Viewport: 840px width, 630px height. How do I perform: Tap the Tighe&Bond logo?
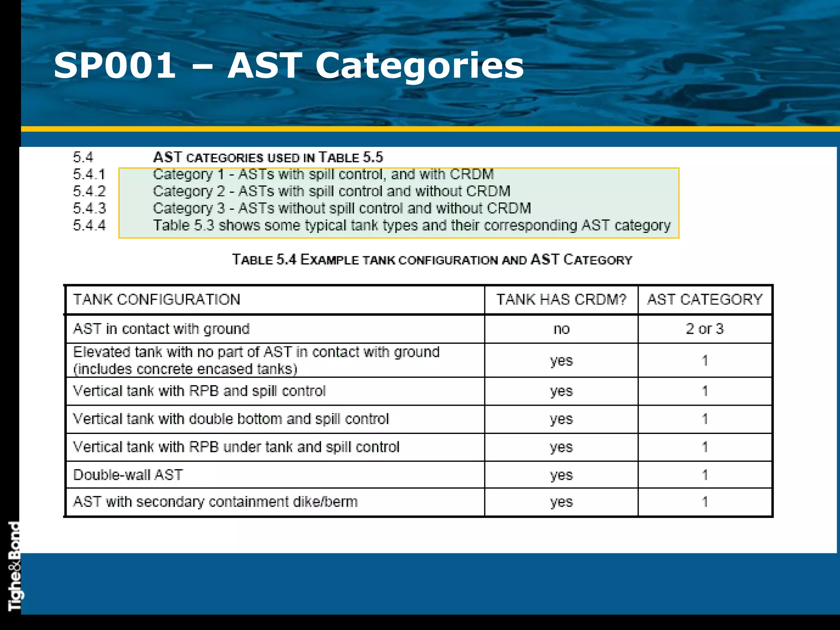pyautogui.click(x=14, y=566)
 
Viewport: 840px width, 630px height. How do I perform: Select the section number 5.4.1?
pyautogui.click(x=89, y=174)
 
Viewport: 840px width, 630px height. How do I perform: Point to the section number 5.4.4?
pyautogui.click(x=89, y=225)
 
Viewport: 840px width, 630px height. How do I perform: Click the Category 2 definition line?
pyautogui.click(x=331, y=191)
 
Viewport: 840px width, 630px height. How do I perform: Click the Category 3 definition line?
pyautogui.click(x=342, y=208)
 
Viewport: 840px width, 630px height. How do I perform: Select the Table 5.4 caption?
pyautogui.click(x=432, y=260)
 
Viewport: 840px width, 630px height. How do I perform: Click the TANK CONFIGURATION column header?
pyautogui.click(x=157, y=299)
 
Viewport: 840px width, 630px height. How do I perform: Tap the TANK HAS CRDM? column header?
pyautogui.click(x=561, y=299)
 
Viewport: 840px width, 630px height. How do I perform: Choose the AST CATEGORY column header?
pyautogui.click(x=705, y=299)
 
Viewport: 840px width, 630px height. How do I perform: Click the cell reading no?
pyautogui.click(x=561, y=329)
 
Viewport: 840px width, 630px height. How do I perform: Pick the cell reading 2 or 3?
pyautogui.click(x=705, y=329)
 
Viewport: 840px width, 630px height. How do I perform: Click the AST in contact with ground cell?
pyautogui.click(x=161, y=329)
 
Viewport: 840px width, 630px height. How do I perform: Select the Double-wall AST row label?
pyautogui.click(x=128, y=475)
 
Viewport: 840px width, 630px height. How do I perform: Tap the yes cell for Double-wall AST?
pyautogui.click(x=561, y=475)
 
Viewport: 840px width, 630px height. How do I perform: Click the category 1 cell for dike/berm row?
pyautogui.click(x=705, y=502)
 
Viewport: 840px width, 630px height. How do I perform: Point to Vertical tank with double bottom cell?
pyautogui.click(x=231, y=419)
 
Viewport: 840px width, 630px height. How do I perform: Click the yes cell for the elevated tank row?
pyautogui.click(x=561, y=361)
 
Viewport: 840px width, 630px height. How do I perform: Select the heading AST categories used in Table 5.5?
pyautogui.click(x=268, y=157)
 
